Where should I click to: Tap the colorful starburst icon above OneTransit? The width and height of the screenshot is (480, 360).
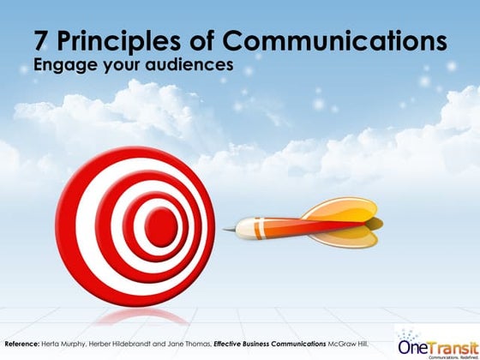point(411,333)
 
